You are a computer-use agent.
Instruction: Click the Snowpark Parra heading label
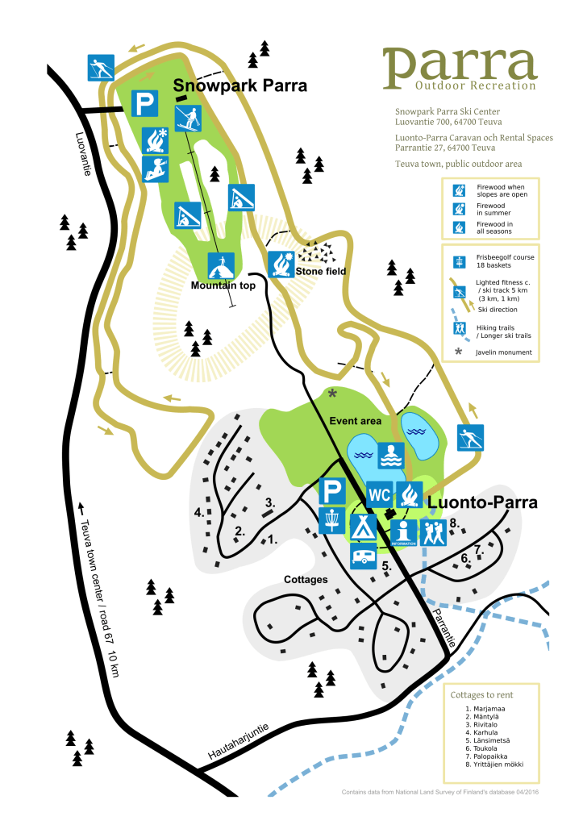click(x=229, y=85)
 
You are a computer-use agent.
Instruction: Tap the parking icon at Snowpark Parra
click(x=144, y=103)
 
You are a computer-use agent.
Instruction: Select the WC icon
click(x=379, y=494)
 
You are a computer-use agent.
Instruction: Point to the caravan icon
click(x=364, y=556)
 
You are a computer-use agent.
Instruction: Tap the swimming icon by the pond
click(x=390, y=456)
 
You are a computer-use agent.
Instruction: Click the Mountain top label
click(x=223, y=285)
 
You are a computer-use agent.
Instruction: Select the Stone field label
click(x=321, y=272)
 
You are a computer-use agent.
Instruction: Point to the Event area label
click(x=356, y=421)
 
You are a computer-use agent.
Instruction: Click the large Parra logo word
click(x=460, y=65)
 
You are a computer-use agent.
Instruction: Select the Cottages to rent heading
click(x=483, y=694)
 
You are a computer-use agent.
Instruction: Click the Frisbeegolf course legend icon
click(x=460, y=261)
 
